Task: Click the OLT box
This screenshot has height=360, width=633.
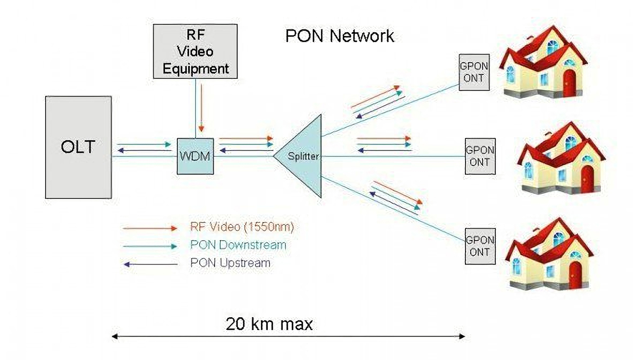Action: click(x=78, y=147)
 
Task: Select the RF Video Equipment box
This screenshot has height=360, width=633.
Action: click(x=195, y=51)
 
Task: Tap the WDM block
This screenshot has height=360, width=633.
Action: click(x=195, y=156)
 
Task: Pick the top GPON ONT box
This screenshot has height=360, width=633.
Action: click(x=474, y=73)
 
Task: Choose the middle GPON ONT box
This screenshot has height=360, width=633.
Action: click(x=480, y=156)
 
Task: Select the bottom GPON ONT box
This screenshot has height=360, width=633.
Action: click(x=480, y=246)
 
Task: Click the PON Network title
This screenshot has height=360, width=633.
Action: click(x=340, y=36)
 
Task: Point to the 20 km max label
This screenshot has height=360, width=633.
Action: click(x=269, y=324)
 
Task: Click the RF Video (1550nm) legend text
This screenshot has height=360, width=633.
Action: click(x=242, y=227)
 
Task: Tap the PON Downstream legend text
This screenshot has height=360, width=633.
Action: click(x=238, y=245)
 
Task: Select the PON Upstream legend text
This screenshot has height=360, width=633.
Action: click(x=230, y=263)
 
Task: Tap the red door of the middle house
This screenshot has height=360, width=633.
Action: click(x=588, y=179)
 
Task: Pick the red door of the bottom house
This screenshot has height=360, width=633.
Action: click(x=576, y=275)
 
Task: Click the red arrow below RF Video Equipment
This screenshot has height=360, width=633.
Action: click(x=201, y=108)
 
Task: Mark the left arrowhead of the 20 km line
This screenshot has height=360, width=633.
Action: click(x=115, y=336)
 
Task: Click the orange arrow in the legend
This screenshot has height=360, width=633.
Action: click(x=150, y=228)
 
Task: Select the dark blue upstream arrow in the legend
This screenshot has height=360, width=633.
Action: click(x=150, y=265)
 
